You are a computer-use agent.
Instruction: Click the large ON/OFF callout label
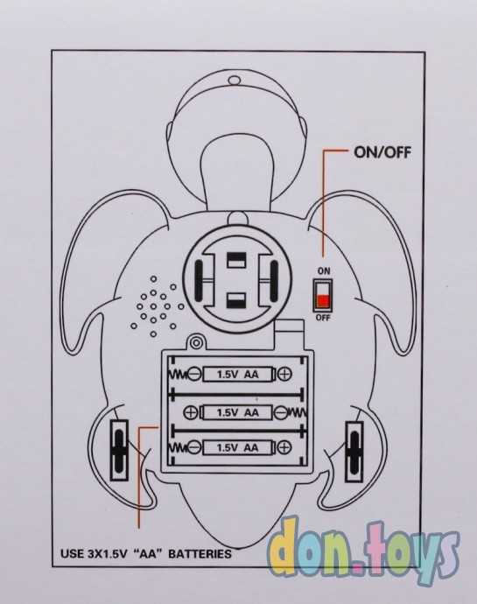(x=382, y=152)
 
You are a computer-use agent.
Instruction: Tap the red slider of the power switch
(x=322, y=301)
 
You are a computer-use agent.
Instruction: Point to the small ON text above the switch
(x=324, y=271)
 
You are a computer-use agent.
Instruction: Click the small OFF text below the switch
(x=323, y=318)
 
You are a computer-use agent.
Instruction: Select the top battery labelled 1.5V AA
(x=238, y=374)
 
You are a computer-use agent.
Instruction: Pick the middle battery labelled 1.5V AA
(x=238, y=412)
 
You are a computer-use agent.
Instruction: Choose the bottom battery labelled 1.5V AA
(x=238, y=447)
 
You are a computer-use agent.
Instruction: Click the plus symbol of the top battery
(x=284, y=374)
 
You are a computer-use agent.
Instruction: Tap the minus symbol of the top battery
(x=194, y=374)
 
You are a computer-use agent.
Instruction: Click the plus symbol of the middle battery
(x=191, y=412)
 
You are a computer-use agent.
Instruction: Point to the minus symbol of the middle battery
(x=281, y=413)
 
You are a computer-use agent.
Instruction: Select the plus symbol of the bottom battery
(x=284, y=447)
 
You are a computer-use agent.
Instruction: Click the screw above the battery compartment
(x=196, y=342)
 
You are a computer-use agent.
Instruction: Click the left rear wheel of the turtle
(x=119, y=450)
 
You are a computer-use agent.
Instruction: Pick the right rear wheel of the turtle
(x=354, y=452)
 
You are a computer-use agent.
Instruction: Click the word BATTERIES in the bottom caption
(x=200, y=554)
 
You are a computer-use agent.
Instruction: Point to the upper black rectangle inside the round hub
(x=235, y=260)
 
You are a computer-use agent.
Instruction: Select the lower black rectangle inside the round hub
(x=235, y=300)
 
